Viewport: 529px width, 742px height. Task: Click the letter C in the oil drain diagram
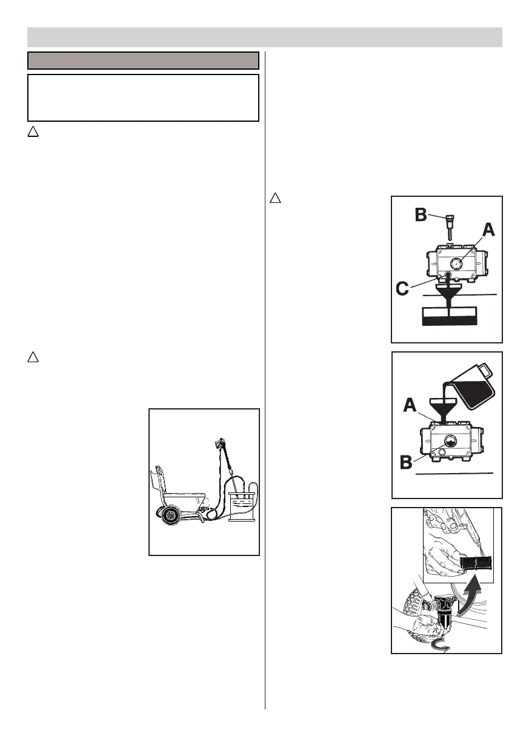(x=402, y=290)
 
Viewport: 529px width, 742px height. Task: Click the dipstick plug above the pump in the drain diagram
(x=448, y=224)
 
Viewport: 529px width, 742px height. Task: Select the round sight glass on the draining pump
(x=456, y=263)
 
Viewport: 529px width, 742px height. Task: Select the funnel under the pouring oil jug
(x=444, y=408)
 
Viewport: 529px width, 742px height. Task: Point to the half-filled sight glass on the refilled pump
(x=450, y=440)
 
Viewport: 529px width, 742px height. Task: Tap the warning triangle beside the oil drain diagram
(x=275, y=197)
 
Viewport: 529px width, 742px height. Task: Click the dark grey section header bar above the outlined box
(x=143, y=61)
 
